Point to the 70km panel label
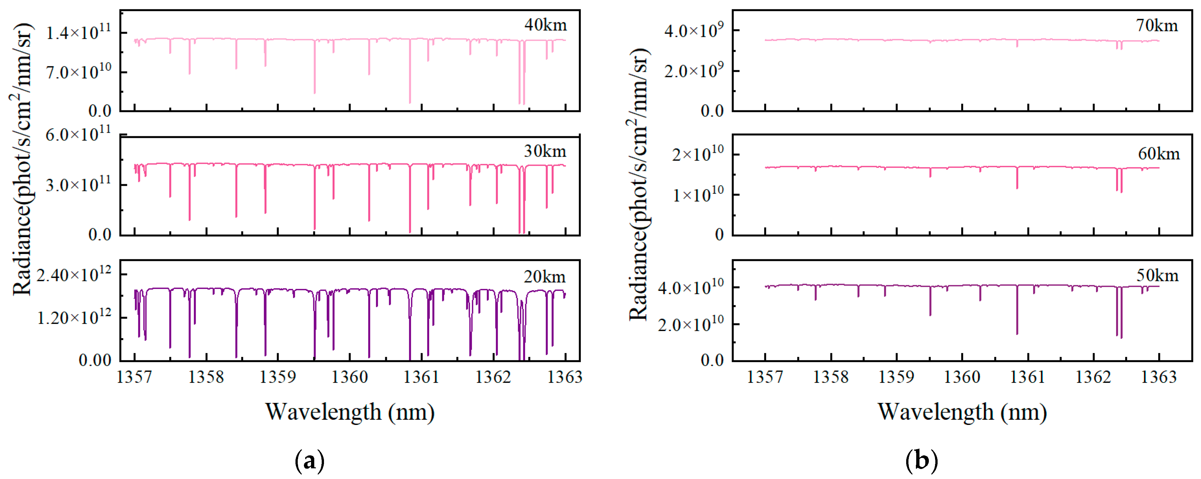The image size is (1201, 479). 1156,25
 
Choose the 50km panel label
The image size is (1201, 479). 1157,275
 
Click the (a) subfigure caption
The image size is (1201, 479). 310,461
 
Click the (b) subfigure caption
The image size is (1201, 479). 921,461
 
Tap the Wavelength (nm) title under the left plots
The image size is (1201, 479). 350,412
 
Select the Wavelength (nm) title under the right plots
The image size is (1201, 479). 962,412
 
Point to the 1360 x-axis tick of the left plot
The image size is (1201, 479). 350,376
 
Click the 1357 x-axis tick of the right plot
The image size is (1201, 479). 765,376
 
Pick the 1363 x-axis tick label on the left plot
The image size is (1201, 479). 565,376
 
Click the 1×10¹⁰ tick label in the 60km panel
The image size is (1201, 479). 698,194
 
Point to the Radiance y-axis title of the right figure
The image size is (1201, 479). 639,184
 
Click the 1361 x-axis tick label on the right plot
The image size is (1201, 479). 1028,376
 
